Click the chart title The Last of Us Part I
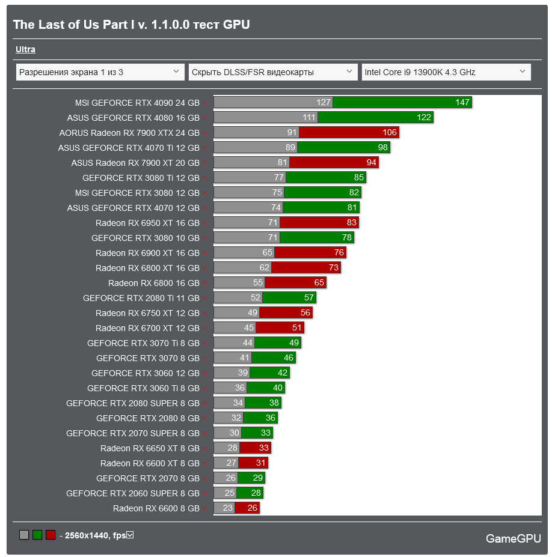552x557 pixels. pyautogui.click(x=131, y=25)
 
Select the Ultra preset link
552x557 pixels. pyautogui.click(x=25, y=50)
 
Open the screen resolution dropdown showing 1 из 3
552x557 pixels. pyautogui.click(x=100, y=72)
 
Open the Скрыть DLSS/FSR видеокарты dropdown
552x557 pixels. pyautogui.click(x=273, y=72)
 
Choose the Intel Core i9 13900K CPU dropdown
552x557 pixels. pyautogui.click(x=446, y=72)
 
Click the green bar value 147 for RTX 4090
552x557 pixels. pyautogui.click(x=462, y=103)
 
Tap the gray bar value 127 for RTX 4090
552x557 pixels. pyautogui.click(x=324, y=103)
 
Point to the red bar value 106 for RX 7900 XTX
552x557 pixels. pyautogui.click(x=389, y=133)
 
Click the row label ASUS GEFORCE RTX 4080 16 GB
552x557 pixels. pyautogui.click(x=133, y=118)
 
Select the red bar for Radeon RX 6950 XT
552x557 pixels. pyautogui.click(x=319, y=223)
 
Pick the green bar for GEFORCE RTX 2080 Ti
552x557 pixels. pyautogui.click(x=289, y=298)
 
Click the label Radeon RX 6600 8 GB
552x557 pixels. pyautogui.click(x=156, y=508)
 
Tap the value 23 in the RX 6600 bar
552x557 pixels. pyautogui.click(x=227, y=508)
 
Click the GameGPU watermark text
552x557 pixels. pyautogui.click(x=513, y=538)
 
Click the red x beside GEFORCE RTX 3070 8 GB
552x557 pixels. pyautogui.click(x=205, y=359)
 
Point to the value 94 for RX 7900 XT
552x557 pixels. pyautogui.click(x=371, y=163)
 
